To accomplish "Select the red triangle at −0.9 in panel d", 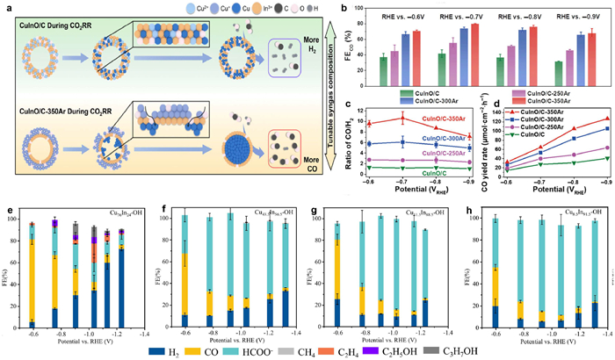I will [x=605, y=119].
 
